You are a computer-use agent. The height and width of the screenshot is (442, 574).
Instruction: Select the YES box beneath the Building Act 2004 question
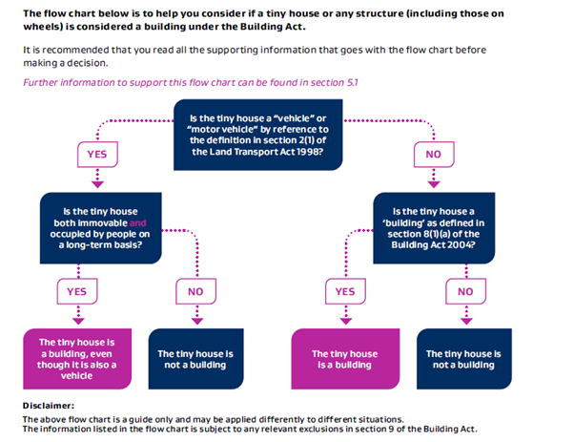(x=346, y=290)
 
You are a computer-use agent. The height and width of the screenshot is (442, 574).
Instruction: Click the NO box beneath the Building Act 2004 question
(x=465, y=290)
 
